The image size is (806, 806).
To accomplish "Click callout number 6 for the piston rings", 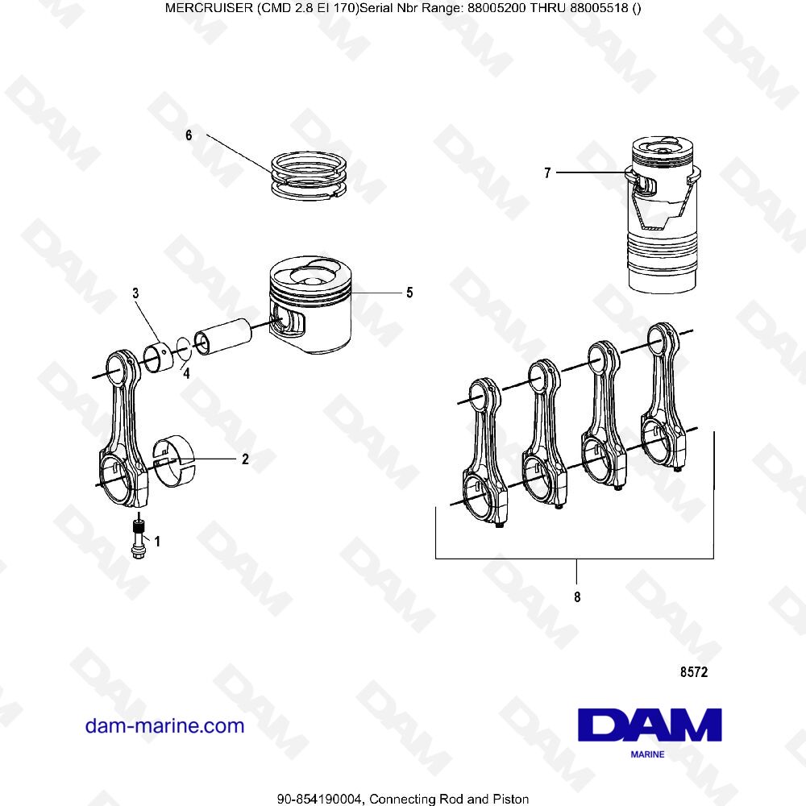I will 189,135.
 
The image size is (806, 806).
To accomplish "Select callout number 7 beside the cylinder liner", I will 547,172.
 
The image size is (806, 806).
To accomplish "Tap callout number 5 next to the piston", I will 409,293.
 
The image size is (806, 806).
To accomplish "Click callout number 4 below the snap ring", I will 185,373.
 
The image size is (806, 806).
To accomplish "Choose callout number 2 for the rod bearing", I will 245,459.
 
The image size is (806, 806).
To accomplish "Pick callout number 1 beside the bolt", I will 157,542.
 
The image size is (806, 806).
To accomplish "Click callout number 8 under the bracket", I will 577,597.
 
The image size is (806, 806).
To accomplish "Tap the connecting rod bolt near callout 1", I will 138,538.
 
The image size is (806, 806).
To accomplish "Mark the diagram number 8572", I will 693,671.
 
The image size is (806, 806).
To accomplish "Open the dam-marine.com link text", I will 164,725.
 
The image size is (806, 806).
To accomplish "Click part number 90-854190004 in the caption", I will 322,799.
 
